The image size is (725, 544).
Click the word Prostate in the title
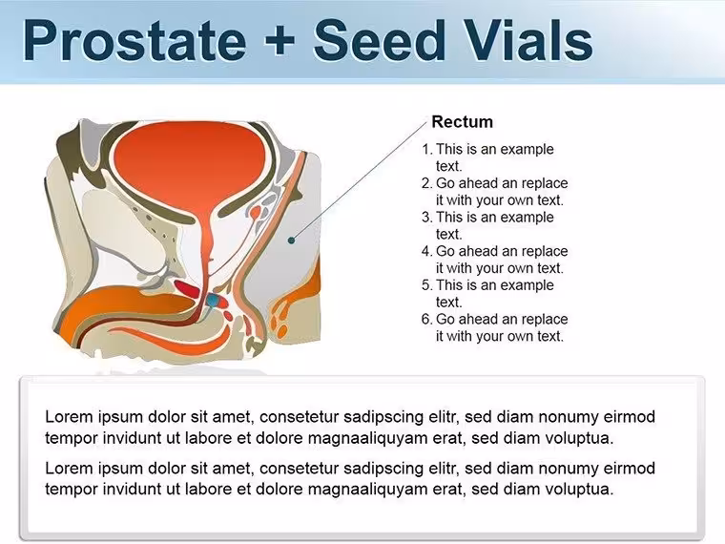coord(135,41)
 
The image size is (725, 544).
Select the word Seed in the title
coord(379,40)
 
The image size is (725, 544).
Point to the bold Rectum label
coord(462,121)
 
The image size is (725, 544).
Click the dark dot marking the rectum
coord(291,241)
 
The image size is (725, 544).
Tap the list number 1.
coord(426,149)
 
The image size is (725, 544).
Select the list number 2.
coord(426,183)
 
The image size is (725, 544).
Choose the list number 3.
coord(426,217)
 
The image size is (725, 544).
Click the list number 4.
coord(426,251)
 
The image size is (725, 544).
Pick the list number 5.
coord(426,285)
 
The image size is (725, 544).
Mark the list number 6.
coord(426,319)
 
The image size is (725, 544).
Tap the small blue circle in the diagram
coord(212,301)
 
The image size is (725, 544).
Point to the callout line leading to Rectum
coord(359,181)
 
